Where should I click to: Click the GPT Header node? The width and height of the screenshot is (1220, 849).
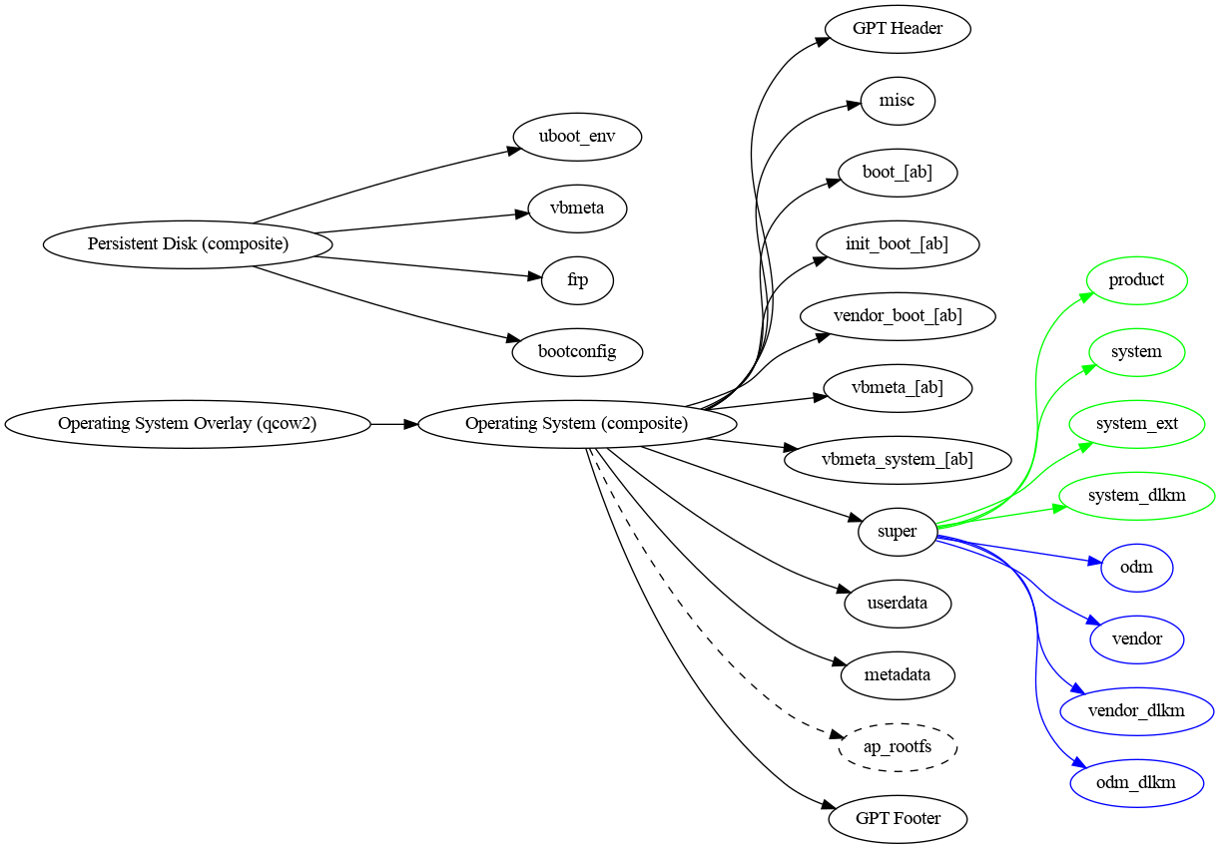898,29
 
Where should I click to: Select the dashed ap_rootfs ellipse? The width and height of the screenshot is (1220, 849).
898,747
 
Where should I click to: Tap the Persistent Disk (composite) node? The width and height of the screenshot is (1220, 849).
188,244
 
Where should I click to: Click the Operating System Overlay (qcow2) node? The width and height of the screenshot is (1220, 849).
188,424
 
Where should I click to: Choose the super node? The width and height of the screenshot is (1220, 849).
897,532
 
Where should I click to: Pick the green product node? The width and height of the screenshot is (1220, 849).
1136,280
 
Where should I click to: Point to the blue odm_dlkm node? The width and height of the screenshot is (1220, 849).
1136,783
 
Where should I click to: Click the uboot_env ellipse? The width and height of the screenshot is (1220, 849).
577,137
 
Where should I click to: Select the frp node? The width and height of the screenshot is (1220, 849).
577,280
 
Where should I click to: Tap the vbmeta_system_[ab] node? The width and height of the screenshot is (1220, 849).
898,460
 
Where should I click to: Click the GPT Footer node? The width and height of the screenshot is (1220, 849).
898,819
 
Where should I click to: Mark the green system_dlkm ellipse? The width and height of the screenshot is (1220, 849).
1136,496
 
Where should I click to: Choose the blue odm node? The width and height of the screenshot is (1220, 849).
1136,568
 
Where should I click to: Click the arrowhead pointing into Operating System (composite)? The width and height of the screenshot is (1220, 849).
410,424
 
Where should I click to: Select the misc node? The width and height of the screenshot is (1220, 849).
898,101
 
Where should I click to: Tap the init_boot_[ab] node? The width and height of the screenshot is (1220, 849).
898,244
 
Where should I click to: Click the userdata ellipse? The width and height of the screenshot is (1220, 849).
898,604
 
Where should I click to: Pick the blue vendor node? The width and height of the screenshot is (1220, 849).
1136,639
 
